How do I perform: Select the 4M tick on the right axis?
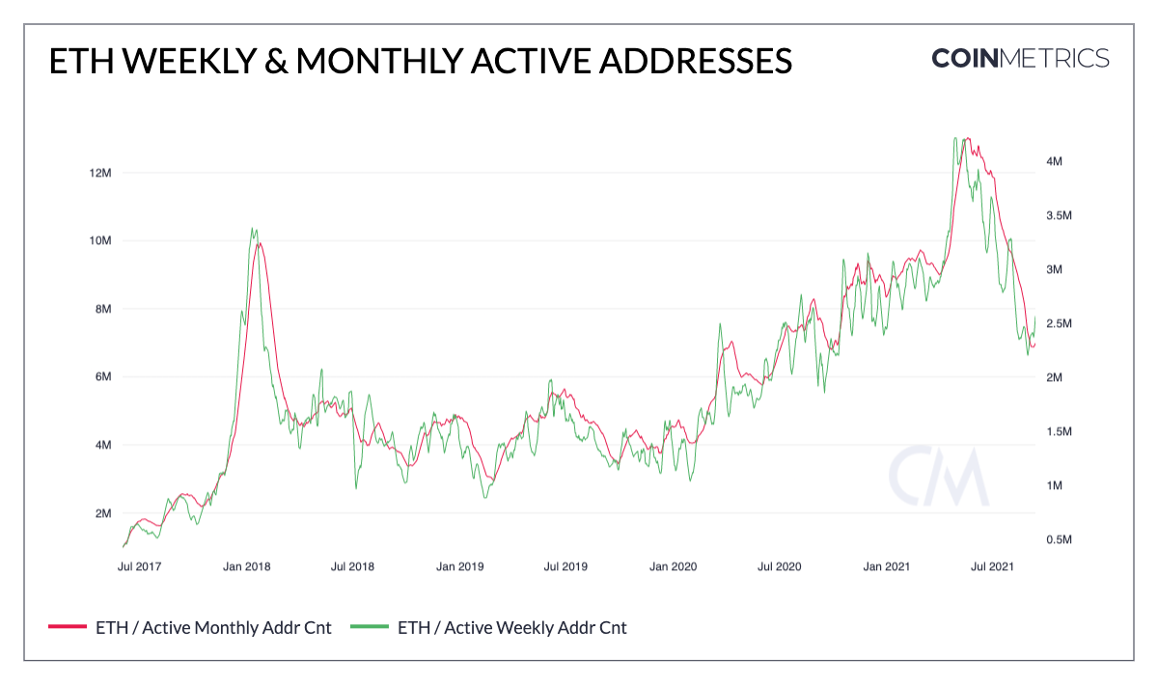click(x=1055, y=162)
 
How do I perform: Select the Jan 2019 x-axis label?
click(x=458, y=566)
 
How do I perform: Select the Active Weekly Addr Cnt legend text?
click(x=511, y=628)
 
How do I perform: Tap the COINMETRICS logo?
click(x=1020, y=58)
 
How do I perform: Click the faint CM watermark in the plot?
click(x=938, y=477)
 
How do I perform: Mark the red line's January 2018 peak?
click(x=258, y=243)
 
